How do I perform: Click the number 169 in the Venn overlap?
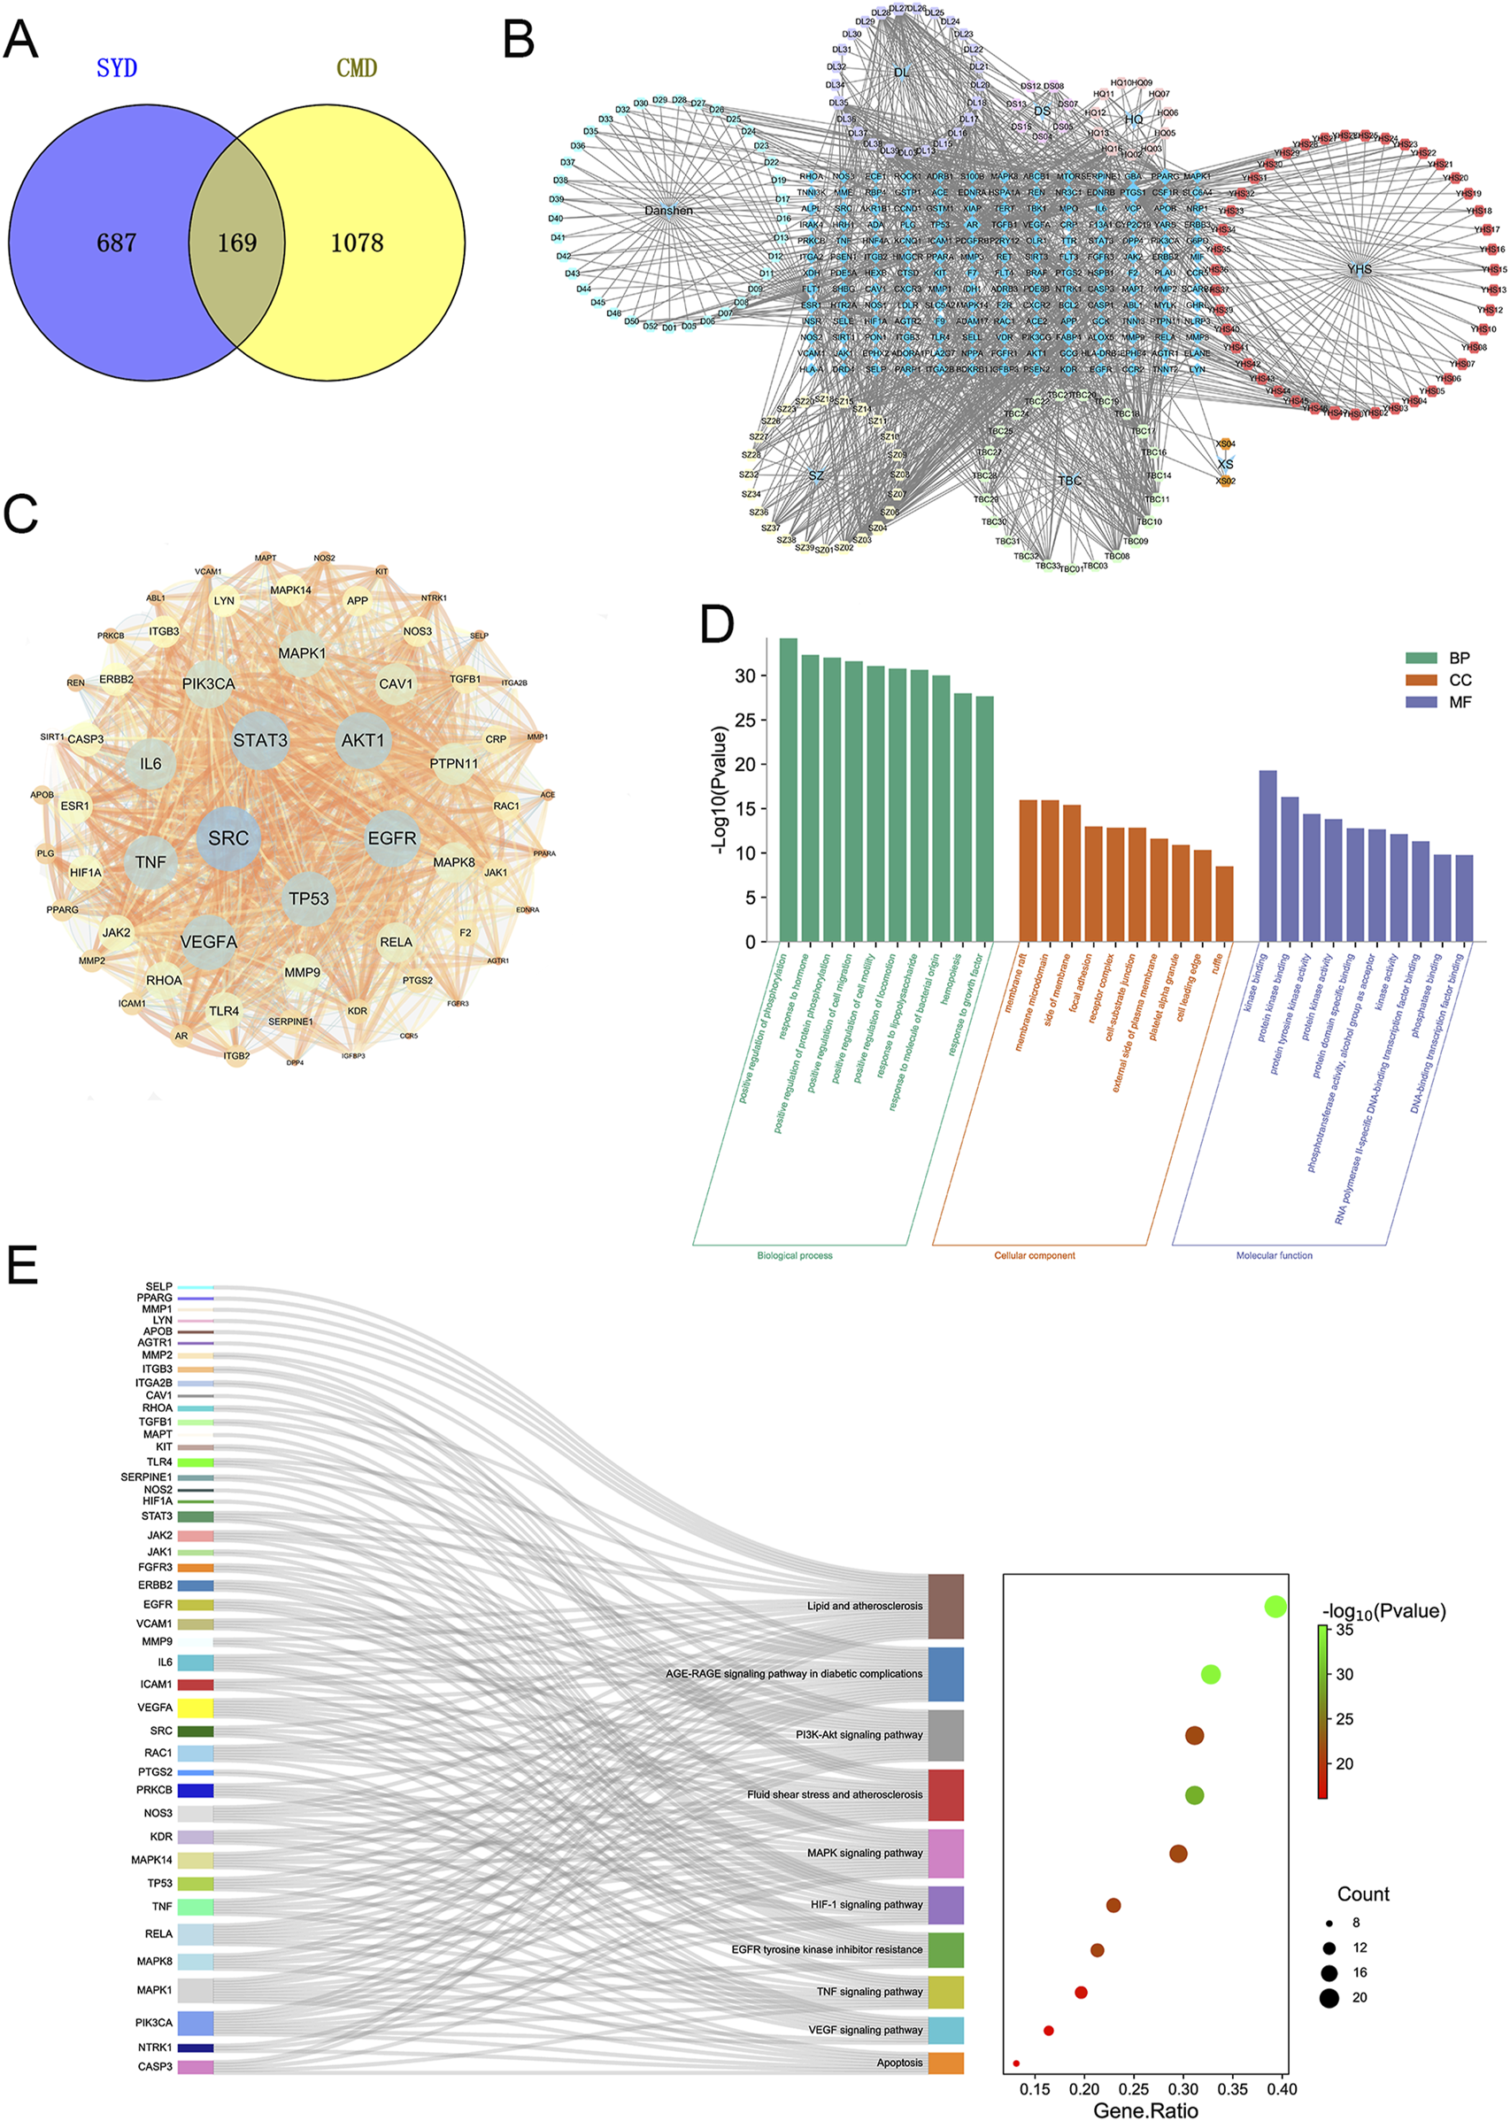point(237,243)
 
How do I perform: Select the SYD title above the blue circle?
point(117,68)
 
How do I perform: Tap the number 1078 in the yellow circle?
point(357,243)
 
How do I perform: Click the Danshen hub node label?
point(668,210)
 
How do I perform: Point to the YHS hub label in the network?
point(1360,269)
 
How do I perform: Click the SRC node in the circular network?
point(228,837)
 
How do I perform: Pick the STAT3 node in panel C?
point(260,740)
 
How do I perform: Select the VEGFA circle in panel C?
point(209,942)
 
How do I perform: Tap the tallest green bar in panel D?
point(788,791)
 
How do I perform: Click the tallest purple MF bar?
point(1267,855)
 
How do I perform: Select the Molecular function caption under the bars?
point(1274,1255)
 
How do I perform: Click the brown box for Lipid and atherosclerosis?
point(945,1606)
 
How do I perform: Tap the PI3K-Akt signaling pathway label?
point(859,1734)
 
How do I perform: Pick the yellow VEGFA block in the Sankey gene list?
point(196,1708)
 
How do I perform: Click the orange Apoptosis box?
point(945,2063)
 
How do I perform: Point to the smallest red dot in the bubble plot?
point(1016,2063)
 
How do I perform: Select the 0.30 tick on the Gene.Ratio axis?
point(1183,2089)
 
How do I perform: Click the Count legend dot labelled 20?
point(1329,1997)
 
